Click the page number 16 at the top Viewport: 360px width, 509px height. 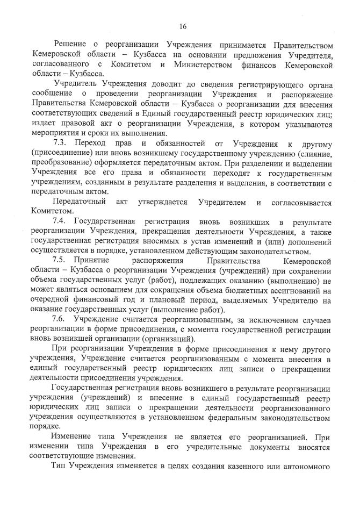[x=183, y=25]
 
